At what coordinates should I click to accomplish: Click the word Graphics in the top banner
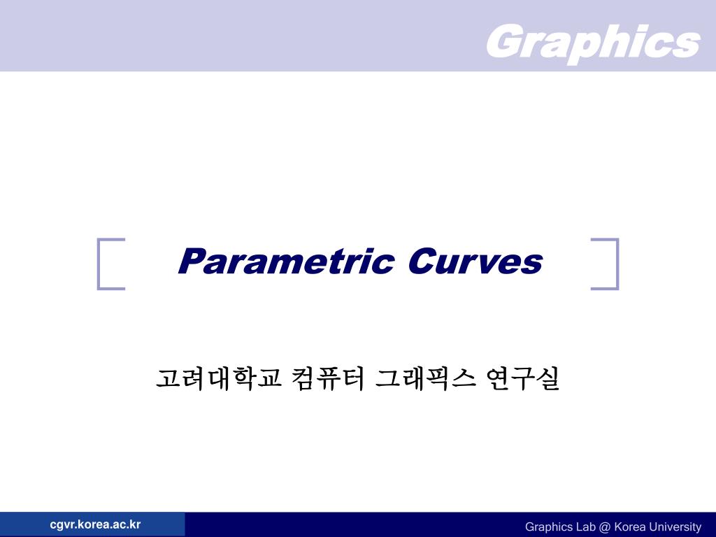click(x=592, y=42)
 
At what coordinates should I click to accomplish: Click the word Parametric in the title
click(x=285, y=262)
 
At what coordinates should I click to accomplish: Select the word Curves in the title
click(x=475, y=262)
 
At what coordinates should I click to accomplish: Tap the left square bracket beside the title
click(x=110, y=264)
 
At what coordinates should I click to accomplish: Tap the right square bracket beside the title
click(x=606, y=264)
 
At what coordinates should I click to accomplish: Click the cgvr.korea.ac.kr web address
click(x=95, y=524)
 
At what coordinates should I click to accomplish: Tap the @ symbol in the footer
click(x=603, y=527)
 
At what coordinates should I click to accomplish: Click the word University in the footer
click(x=674, y=527)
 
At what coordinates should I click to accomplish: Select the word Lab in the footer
click(x=585, y=527)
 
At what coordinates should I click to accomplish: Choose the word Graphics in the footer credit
click(x=548, y=527)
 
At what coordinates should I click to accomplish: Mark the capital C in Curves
click(x=420, y=262)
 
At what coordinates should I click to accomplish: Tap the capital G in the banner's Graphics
click(x=503, y=42)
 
